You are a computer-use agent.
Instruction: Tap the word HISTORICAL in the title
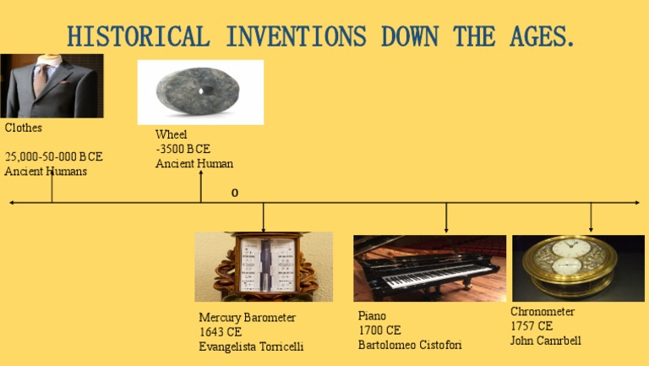[x=138, y=37]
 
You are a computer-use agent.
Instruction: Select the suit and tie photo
[x=52, y=86]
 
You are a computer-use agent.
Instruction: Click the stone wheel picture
[x=200, y=91]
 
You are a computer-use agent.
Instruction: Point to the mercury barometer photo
[x=264, y=266]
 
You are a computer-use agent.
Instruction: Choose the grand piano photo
[x=429, y=267]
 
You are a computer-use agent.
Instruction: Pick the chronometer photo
[x=578, y=266]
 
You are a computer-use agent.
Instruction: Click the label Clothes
[x=24, y=128]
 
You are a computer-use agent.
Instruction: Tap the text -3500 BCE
[x=183, y=149]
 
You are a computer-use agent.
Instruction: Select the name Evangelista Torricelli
[x=251, y=347]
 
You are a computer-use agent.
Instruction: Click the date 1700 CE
[x=379, y=330]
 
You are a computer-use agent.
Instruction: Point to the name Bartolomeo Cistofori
[x=410, y=345]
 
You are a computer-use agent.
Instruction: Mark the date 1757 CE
[x=532, y=326]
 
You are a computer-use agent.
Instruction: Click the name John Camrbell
[x=545, y=341]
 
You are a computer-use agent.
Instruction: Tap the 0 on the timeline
[x=235, y=193]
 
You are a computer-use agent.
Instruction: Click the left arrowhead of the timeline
[x=12, y=203]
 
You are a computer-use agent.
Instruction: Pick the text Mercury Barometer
[x=248, y=318]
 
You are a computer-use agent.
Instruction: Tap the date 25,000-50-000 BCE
[x=53, y=157]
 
